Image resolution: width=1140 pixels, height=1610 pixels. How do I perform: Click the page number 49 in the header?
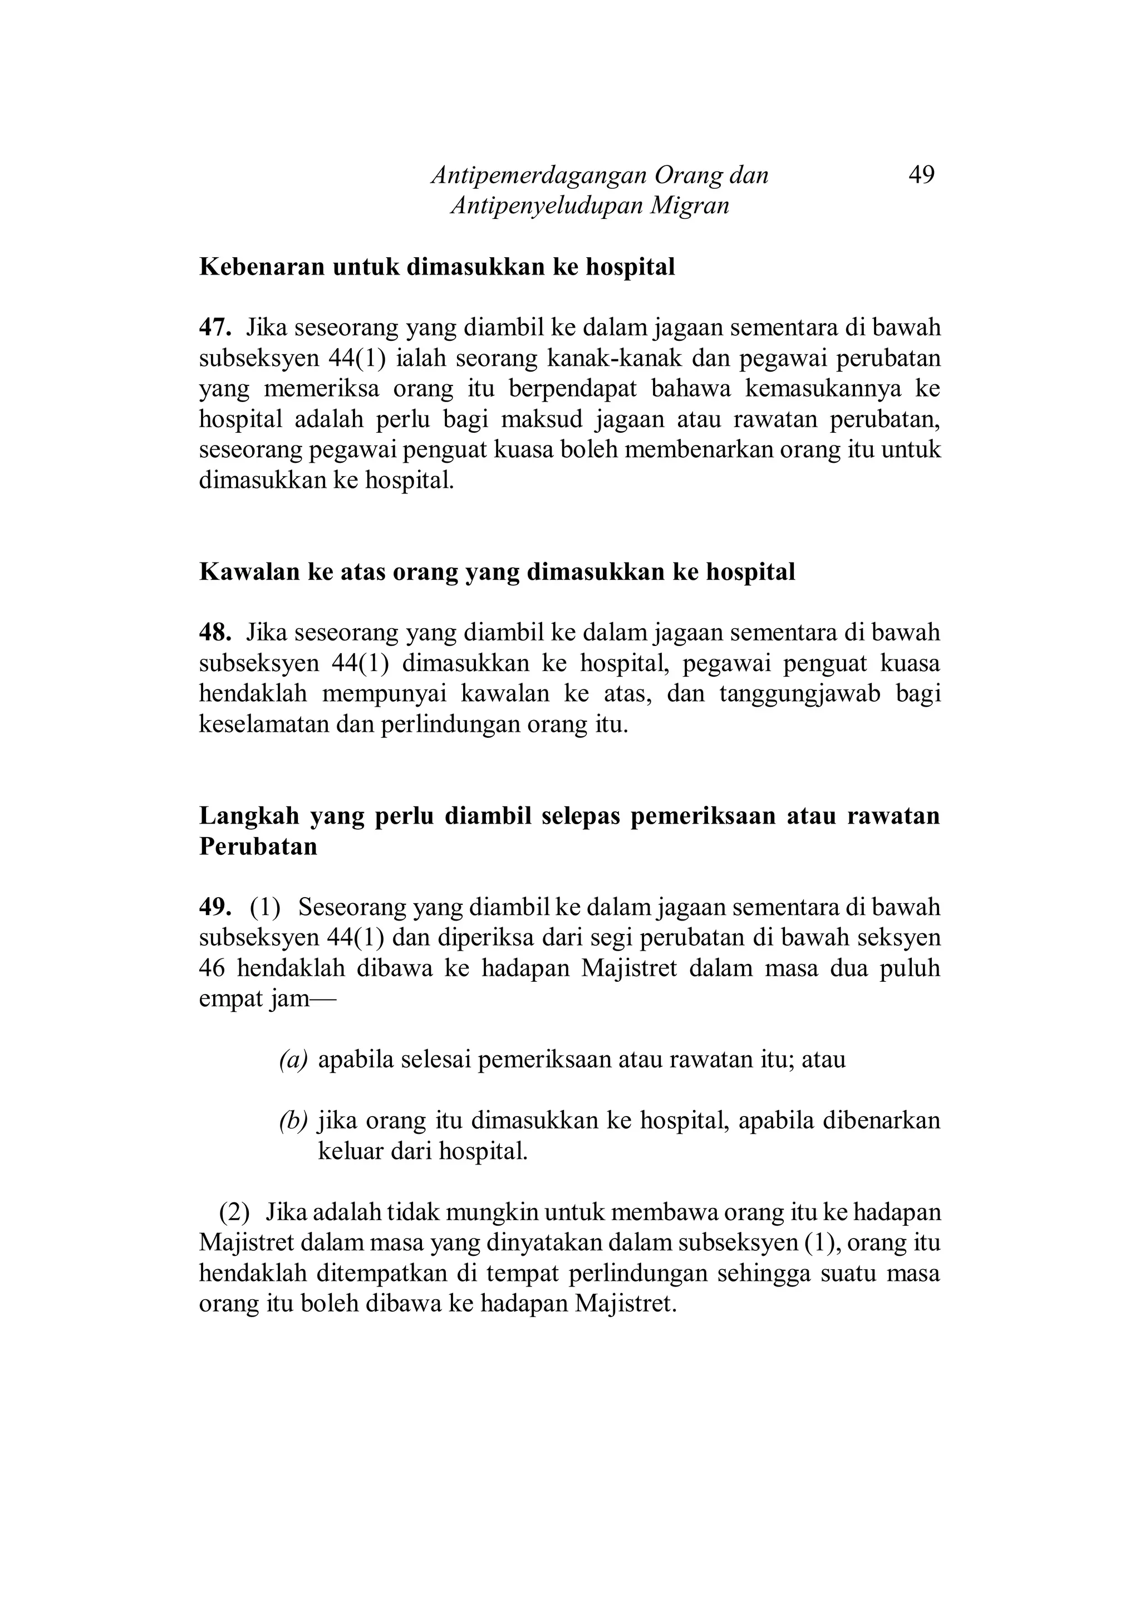[x=921, y=174]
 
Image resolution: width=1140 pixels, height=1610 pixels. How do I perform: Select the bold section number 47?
[x=214, y=327]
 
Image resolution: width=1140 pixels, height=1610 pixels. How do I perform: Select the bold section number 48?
[x=214, y=633]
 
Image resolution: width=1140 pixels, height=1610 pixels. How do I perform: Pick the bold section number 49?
[x=214, y=907]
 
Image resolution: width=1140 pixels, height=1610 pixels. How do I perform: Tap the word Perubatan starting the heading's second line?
[x=258, y=847]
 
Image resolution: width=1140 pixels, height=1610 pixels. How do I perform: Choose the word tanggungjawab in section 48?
[x=799, y=694]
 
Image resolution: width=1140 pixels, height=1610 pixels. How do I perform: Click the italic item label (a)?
[x=293, y=1060]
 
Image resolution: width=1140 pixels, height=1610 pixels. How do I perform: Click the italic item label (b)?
[x=293, y=1120]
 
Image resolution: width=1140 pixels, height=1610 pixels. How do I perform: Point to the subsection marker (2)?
[x=234, y=1212]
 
